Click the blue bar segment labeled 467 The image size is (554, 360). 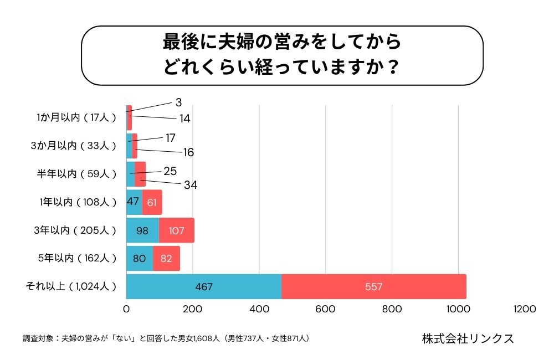coord(204,287)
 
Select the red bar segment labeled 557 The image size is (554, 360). coord(373,287)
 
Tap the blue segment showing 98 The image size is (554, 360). coord(142,230)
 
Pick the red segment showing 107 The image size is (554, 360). coord(176,230)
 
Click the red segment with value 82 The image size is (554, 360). coord(166,258)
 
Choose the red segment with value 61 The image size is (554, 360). coord(152,202)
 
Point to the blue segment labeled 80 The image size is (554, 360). coord(139,258)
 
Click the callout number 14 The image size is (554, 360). coord(185,119)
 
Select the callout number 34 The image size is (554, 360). coord(191,185)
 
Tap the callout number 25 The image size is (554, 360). coord(170,171)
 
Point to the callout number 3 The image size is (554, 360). coord(178,102)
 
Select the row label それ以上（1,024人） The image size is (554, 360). coord(71,286)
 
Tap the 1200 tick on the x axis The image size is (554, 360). coord(525,309)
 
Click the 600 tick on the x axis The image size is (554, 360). coord(326,309)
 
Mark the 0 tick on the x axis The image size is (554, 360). coord(126,309)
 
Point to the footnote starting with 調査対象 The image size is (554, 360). coord(166,338)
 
